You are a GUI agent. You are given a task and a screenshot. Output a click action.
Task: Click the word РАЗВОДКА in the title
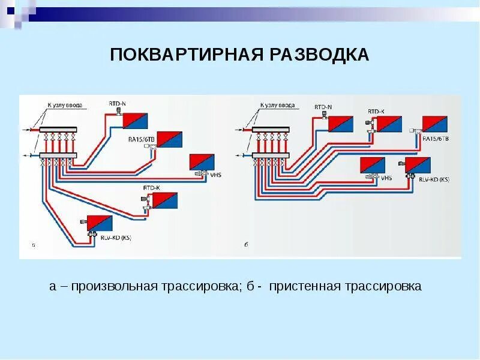pyautogui.click(x=319, y=55)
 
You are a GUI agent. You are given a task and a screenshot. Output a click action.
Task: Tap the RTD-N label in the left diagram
pyautogui.click(x=117, y=104)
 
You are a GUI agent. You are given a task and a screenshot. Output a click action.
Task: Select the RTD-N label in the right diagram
pyautogui.click(x=323, y=107)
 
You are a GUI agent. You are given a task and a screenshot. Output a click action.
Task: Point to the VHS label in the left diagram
pyautogui.click(x=215, y=175)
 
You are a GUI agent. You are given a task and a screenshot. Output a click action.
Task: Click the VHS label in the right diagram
pyautogui.click(x=386, y=178)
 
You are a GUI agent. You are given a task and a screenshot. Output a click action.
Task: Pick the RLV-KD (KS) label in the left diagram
pyautogui.click(x=118, y=238)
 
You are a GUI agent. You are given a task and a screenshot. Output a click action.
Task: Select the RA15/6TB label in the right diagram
pyautogui.click(x=436, y=139)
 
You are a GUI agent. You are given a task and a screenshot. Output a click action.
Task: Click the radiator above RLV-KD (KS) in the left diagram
pyautogui.click(x=100, y=223)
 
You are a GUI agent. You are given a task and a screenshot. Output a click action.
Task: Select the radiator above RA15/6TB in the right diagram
pyautogui.click(x=434, y=124)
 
